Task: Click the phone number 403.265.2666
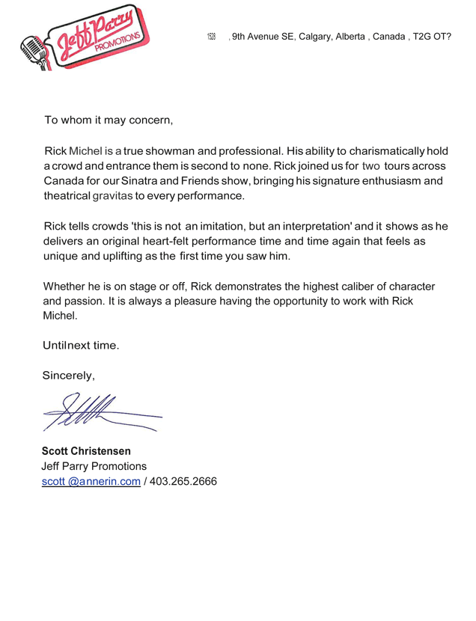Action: pyautogui.click(x=183, y=483)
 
